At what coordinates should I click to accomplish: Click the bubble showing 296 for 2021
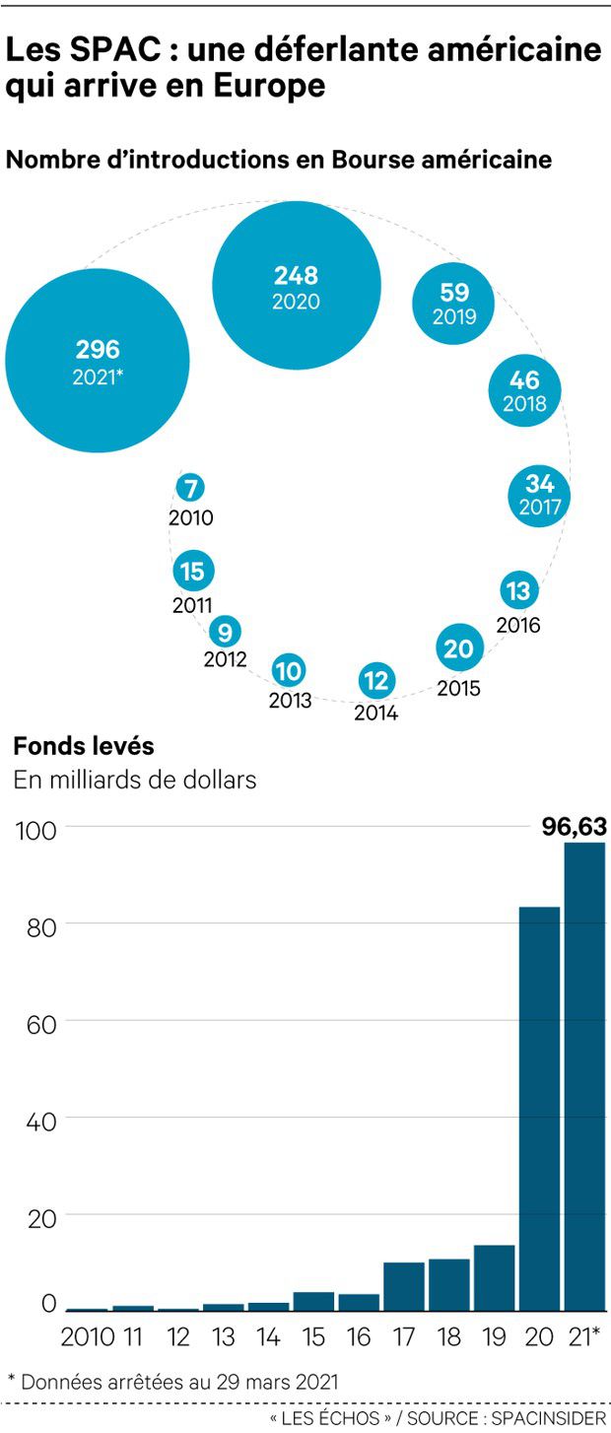[x=97, y=359]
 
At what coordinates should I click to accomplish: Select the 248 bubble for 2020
[x=297, y=286]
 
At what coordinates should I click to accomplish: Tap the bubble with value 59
[x=453, y=303]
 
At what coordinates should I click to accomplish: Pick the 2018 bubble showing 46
[x=523, y=390]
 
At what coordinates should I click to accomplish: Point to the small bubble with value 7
[x=191, y=488]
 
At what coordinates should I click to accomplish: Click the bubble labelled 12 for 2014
[x=376, y=680]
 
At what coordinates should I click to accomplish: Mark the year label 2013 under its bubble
[x=290, y=701]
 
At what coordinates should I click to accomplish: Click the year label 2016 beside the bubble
[x=518, y=625]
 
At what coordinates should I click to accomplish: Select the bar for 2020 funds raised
[x=539, y=1108]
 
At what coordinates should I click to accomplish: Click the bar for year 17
[x=403, y=1286]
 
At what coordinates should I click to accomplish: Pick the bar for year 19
[x=494, y=1277]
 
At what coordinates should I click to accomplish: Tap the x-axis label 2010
[x=87, y=1337]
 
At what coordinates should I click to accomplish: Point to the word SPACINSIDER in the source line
[x=552, y=1417]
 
